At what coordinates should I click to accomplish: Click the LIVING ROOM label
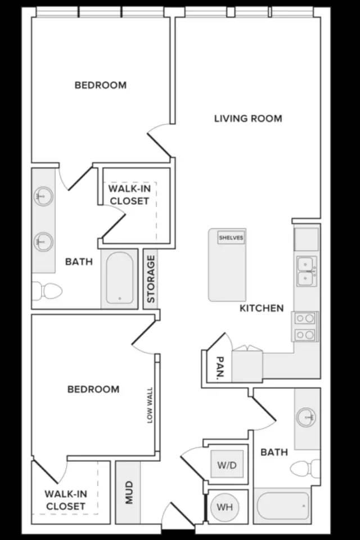pos(248,119)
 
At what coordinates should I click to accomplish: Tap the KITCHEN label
pos(262,308)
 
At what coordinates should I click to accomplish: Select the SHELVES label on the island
pos(231,237)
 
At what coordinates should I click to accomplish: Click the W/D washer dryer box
pos(227,465)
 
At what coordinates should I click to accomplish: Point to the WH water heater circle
pos(224,507)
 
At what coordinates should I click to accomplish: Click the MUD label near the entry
pos(129,493)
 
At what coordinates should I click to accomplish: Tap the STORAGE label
pos(151,279)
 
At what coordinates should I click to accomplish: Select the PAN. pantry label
pos(219,368)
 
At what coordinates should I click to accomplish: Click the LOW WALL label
pos(150,406)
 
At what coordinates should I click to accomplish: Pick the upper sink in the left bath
pos(43,196)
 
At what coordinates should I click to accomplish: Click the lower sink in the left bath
pos(43,242)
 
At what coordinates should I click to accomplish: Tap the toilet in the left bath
pos(47,291)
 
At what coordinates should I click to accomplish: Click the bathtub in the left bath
pos(120,278)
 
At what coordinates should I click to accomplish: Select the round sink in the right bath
pos(305,417)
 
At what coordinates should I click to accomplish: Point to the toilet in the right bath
pos(305,469)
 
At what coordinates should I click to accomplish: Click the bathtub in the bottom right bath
pos(283,506)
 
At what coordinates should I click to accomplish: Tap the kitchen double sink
pos(305,271)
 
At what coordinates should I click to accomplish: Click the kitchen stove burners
pos(305,326)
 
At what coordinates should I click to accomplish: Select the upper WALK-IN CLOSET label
pos(129,195)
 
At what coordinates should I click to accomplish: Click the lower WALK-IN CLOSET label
pos(65,500)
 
